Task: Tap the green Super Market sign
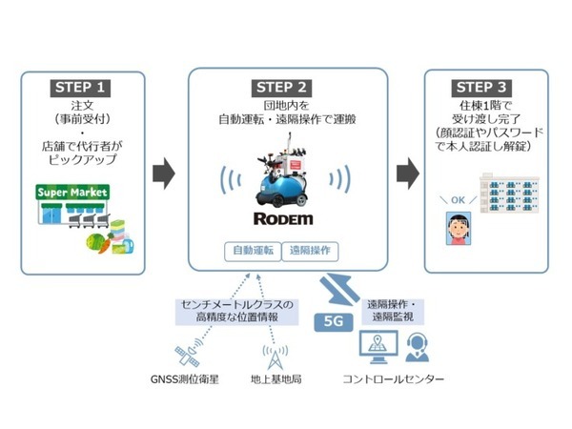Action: coord(72,193)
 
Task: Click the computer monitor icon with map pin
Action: coord(374,346)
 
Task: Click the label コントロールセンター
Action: coord(395,379)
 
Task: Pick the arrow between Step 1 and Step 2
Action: coord(163,174)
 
